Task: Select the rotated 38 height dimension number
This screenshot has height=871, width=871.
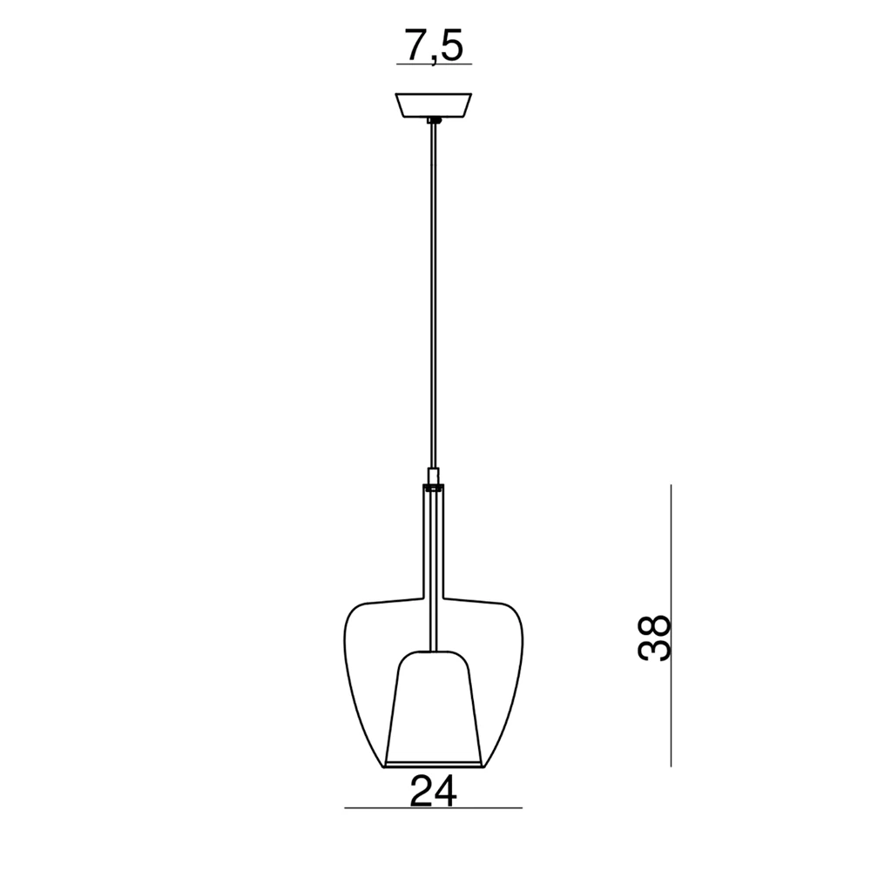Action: pos(654,638)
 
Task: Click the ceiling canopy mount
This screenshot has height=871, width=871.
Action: pos(433,105)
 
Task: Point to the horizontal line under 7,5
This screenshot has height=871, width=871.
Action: pos(434,64)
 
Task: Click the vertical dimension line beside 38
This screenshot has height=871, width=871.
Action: pos(671,625)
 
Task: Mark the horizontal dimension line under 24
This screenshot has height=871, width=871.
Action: pos(433,807)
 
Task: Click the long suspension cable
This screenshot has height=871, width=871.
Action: pos(433,295)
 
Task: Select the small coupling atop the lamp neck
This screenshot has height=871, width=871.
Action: pos(433,476)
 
